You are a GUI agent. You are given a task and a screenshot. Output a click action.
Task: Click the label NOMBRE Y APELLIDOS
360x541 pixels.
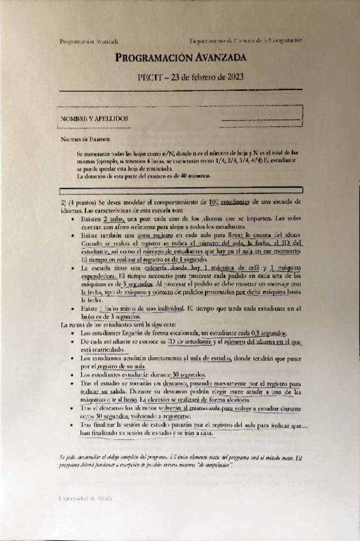coord(94,119)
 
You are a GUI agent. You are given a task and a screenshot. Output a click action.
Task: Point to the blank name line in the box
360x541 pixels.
coord(259,119)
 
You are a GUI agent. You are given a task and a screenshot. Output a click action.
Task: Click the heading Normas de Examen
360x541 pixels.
coord(77,138)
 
